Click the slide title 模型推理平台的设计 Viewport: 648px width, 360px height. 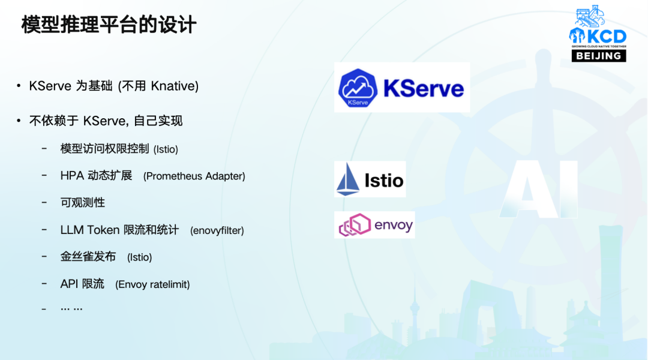109,25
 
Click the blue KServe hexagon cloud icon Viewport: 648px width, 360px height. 358,88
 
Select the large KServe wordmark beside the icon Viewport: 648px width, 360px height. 424,88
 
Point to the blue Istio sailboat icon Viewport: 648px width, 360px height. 347,179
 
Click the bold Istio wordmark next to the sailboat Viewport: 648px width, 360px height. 384,180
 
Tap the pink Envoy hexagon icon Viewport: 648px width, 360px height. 355,225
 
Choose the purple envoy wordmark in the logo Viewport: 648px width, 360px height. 394,225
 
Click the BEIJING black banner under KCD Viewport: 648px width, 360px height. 599,56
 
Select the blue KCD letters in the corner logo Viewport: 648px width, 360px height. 606,37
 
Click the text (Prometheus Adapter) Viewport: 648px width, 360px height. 194,176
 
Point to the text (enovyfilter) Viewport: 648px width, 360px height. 217,230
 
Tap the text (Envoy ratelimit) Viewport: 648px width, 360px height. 152,284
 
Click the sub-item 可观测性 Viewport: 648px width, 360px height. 83,203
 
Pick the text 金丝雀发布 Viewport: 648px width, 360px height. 88,257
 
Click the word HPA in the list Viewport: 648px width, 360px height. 72,176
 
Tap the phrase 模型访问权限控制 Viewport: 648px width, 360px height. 104,148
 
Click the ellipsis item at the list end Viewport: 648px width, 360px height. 71,308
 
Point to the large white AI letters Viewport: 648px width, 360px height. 539,189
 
